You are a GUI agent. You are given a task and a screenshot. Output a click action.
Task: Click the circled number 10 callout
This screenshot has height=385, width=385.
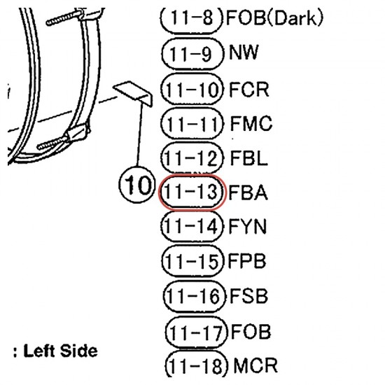coord(137,185)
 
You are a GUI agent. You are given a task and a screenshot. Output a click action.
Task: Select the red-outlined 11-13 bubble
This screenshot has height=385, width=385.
coord(192,192)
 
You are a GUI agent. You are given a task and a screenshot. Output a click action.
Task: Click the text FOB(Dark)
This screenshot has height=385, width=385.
coord(274,18)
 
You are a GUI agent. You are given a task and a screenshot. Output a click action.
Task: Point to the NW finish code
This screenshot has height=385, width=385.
coord(244,52)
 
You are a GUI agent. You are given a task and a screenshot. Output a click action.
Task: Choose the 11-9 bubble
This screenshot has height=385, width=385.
coord(192,54)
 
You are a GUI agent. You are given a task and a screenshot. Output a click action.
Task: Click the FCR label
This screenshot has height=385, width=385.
coord(248,90)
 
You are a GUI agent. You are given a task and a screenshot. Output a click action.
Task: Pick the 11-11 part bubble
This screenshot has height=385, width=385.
coord(192,123)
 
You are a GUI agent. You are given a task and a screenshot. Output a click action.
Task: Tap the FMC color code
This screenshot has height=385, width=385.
coord(251,123)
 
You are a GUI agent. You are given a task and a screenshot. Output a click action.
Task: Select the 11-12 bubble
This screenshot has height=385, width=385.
coord(192,158)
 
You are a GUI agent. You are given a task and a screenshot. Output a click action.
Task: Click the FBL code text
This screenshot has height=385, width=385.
coord(248,157)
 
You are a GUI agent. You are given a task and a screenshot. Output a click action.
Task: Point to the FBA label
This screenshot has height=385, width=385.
coord(248,192)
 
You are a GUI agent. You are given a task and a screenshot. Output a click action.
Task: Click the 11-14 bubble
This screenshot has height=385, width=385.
coord(192,226)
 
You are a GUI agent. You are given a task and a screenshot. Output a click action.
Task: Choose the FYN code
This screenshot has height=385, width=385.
coord(248,226)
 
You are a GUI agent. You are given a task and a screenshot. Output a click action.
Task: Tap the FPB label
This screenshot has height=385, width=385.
coord(247,261)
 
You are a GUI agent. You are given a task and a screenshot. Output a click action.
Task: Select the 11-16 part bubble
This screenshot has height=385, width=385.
coord(194,296)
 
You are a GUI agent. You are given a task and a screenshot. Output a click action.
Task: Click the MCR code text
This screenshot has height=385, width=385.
coord(255,365)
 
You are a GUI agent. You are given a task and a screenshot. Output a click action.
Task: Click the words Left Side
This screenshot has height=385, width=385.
coord(60,351)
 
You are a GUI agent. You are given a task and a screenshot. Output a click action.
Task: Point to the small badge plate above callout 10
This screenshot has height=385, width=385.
coord(133,94)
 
